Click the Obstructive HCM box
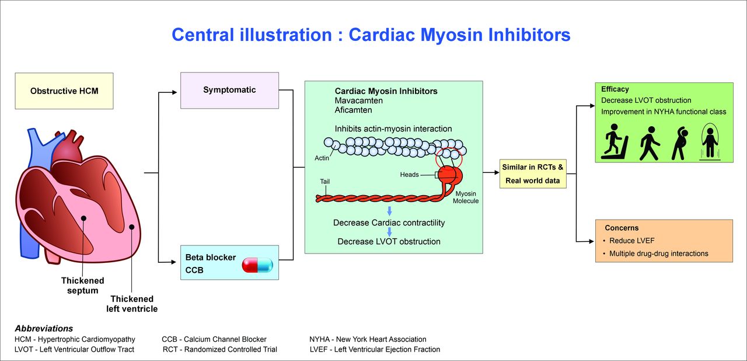[64, 91]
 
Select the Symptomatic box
[229, 90]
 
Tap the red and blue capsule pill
[257, 265]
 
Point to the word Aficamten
[353, 110]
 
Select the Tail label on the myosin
[324, 182]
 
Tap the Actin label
[322, 158]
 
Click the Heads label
[409, 175]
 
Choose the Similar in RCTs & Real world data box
[533, 174]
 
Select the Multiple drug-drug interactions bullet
[658, 254]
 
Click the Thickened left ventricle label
[132, 304]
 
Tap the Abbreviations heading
[44, 328]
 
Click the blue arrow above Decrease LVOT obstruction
[389, 232]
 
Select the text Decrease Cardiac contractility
[389, 223]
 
